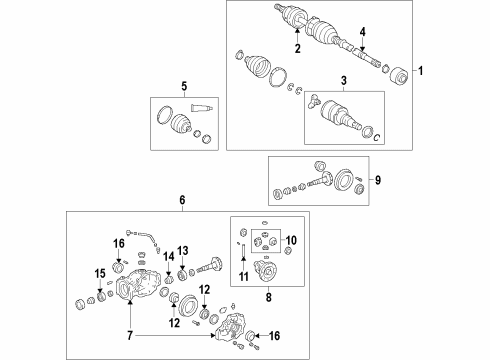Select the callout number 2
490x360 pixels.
tap(297, 47)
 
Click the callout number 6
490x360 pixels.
tap(182, 201)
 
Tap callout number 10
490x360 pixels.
tap(291, 241)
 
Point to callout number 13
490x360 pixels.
tap(183, 250)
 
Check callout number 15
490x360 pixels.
tap(99, 274)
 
